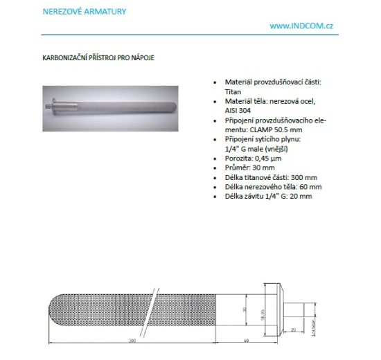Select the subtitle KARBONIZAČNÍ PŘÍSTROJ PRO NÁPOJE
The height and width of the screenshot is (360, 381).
(x=98, y=57)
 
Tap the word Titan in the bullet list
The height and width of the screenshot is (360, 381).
(x=233, y=91)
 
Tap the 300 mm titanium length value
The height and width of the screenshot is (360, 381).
(x=290, y=177)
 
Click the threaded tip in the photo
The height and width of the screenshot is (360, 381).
(x=50, y=107)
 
